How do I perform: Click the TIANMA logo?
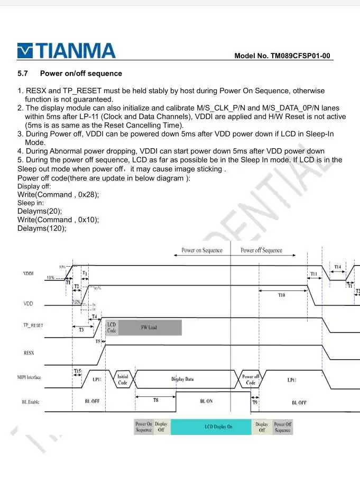coord(67,51)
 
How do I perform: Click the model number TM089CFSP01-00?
coord(283,56)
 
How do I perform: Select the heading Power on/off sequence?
coord(81,74)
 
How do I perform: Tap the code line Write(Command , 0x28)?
coord(58,194)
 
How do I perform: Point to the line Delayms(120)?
coord(42,228)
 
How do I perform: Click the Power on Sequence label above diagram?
coord(201,250)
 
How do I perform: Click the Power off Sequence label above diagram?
coord(261,250)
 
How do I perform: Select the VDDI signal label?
coord(30,274)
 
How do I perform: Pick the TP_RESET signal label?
coord(33,325)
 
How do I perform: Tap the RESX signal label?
coord(29,352)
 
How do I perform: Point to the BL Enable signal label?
coord(30,402)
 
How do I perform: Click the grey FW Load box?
coord(149,328)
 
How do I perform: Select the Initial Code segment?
coord(123,380)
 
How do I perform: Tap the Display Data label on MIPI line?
coord(182,379)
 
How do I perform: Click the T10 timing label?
coord(281,295)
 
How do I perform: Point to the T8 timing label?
coord(155,401)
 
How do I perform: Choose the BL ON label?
coord(206,402)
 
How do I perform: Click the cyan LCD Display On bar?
coord(218,426)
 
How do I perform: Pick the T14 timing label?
coord(337,267)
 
